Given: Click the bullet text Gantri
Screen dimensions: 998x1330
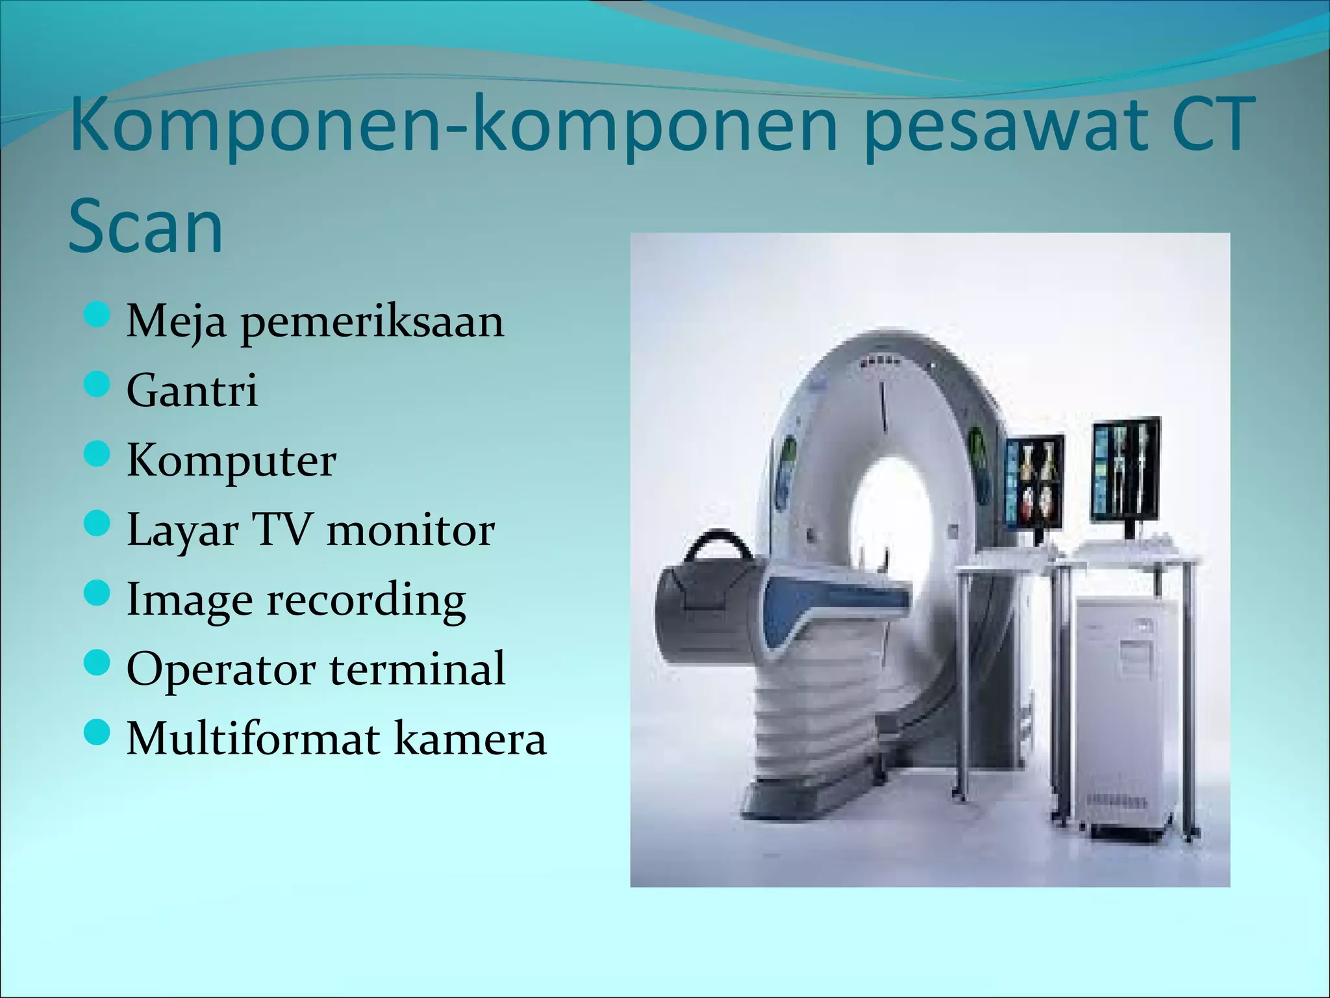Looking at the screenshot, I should pyautogui.click(x=192, y=390).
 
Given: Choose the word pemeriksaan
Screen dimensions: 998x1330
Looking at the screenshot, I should pyautogui.click(x=373, y=322).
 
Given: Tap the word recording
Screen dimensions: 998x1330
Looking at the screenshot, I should pyautogui.click(x=366, y=600).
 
